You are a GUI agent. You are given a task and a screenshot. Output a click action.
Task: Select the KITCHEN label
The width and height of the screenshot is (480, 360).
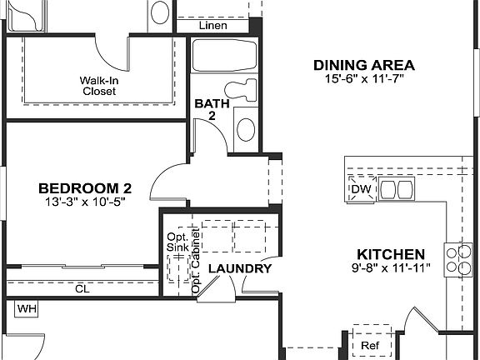coord(391,254)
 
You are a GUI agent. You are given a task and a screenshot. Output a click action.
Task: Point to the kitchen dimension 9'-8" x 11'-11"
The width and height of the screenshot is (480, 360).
coord(391,268)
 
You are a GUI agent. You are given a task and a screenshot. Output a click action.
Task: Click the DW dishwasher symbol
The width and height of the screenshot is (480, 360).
coord(360,190)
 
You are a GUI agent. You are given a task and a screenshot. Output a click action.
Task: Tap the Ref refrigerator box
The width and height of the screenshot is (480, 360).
coord(369,344)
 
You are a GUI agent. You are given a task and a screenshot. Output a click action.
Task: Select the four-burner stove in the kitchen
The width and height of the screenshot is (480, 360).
coord(456,259)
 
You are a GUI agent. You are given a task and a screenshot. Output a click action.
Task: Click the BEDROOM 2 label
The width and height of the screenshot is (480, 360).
coord(86,188)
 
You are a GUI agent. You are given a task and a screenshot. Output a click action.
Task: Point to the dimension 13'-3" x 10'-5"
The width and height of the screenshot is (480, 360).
coord(86,202)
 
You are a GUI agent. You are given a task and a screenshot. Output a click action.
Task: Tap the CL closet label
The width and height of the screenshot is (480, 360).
coord(82,289)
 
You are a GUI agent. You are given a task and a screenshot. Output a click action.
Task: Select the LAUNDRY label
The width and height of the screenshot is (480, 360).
coord(239,268)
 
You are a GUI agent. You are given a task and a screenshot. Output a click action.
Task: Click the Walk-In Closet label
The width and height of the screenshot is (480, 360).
coord(98,86)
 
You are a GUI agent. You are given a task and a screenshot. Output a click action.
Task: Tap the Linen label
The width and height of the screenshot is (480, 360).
coord(212,26)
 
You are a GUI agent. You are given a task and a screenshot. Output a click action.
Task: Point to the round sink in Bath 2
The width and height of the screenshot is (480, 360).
coord(246,129)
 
